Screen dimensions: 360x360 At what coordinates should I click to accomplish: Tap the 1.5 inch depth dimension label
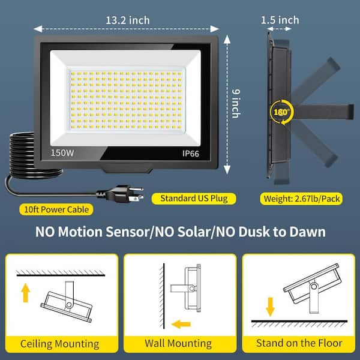point(280,20)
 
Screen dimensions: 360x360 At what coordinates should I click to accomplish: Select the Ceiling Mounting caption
point(59,343)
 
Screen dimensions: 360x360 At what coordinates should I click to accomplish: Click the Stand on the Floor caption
point(299,343)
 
